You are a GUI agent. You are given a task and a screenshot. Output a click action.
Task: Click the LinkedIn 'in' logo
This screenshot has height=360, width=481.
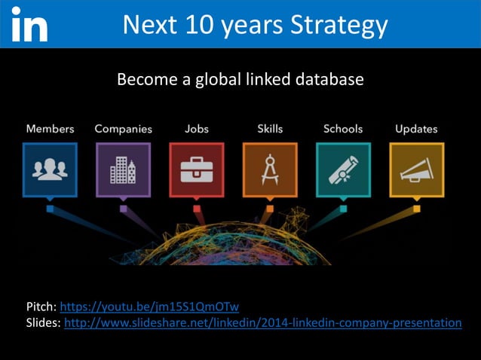click(30, 26)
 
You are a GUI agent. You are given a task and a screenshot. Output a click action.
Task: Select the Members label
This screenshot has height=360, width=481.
click(50, 129)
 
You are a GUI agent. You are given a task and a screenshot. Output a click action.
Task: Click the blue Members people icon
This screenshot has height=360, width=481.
click(50, 170)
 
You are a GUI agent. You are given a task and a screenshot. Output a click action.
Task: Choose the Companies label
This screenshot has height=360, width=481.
click(123, 129)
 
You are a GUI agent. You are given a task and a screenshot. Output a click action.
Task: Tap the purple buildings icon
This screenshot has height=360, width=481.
click(123, 170)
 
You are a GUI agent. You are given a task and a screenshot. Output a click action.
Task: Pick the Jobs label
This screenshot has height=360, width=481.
click(197, 129)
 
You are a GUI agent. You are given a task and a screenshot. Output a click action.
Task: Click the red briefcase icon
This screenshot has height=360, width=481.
click(197, 170)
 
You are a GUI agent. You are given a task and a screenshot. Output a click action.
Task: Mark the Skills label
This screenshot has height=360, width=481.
click(269, 129)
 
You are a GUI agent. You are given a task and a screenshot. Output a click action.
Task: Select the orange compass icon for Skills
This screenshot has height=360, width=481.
click(269, 170)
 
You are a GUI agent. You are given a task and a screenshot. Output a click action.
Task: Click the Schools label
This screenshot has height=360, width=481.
click(343, 129)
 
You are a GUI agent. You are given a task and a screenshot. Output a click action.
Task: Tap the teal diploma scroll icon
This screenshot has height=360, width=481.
click(343, 170)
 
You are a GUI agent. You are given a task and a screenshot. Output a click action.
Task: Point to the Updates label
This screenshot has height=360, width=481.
click(416, 129)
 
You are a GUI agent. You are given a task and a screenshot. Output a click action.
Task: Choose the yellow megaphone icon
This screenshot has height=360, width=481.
click(416, 170)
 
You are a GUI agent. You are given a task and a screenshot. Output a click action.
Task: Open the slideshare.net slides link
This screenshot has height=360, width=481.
click(263, 323)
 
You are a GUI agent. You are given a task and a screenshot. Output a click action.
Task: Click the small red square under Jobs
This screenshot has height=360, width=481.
click(197, 209)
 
